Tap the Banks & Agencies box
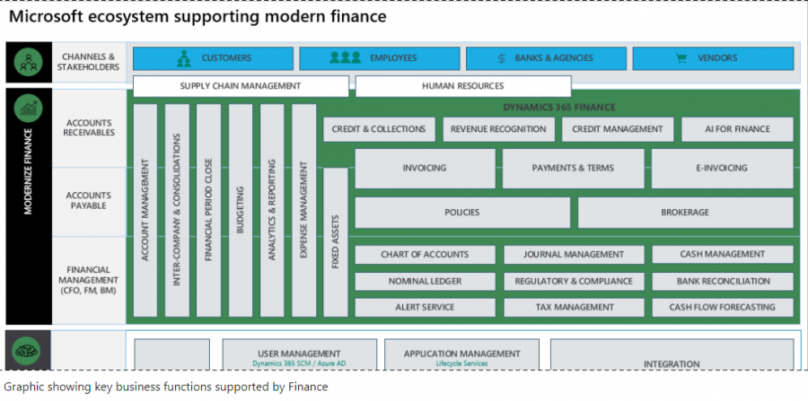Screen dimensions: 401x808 [x=545, y=58]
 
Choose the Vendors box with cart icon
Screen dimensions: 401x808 [x=713, y=58]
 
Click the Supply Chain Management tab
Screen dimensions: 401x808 [x=241, y=86]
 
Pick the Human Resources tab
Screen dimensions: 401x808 [x=462, y=86]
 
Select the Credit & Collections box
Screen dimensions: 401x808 [x=379, y=129]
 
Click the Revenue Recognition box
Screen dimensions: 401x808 [x=498, y=129]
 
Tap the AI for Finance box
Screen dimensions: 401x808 [x=738, y=129]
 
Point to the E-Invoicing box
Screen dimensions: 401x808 [x=722, y=168]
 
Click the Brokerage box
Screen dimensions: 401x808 [x=685, y=213]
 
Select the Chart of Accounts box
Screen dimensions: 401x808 [x=426, y=255]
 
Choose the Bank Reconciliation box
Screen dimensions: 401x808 [x=723, y=281]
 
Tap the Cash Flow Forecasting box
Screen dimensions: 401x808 [x=723, y=307]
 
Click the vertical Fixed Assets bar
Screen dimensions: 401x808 [x=335, y=242]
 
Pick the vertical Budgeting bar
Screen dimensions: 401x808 [x=240, y=211]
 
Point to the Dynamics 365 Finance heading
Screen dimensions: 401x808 [x=558, y=108]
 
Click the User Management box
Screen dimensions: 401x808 [x=299, y=356]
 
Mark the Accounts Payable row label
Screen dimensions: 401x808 [x=90, y=200]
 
